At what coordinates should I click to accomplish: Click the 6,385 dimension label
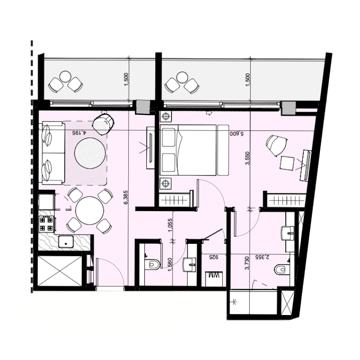[x=126, y=197]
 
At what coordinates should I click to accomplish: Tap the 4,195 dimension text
[x=79, y=132]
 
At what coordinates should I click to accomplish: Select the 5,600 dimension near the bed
[x=237, y=133]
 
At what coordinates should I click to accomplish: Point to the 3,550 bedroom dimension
[x=247, y=158]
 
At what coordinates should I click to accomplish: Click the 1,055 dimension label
[x=170, y=225]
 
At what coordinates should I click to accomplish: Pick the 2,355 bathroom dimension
[x=262, y=257]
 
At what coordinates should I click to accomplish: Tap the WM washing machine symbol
[x=214, y=279]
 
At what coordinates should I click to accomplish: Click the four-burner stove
[x=47, y=224]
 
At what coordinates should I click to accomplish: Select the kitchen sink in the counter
[x=66, y=242]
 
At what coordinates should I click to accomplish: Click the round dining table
[x=90, y=210]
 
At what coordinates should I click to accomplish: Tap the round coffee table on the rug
[x=90, y=153]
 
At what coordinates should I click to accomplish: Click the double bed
[x=188, y=150]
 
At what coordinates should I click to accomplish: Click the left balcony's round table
[x=65, y=76]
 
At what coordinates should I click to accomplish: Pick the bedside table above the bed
[x=166, y=117]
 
